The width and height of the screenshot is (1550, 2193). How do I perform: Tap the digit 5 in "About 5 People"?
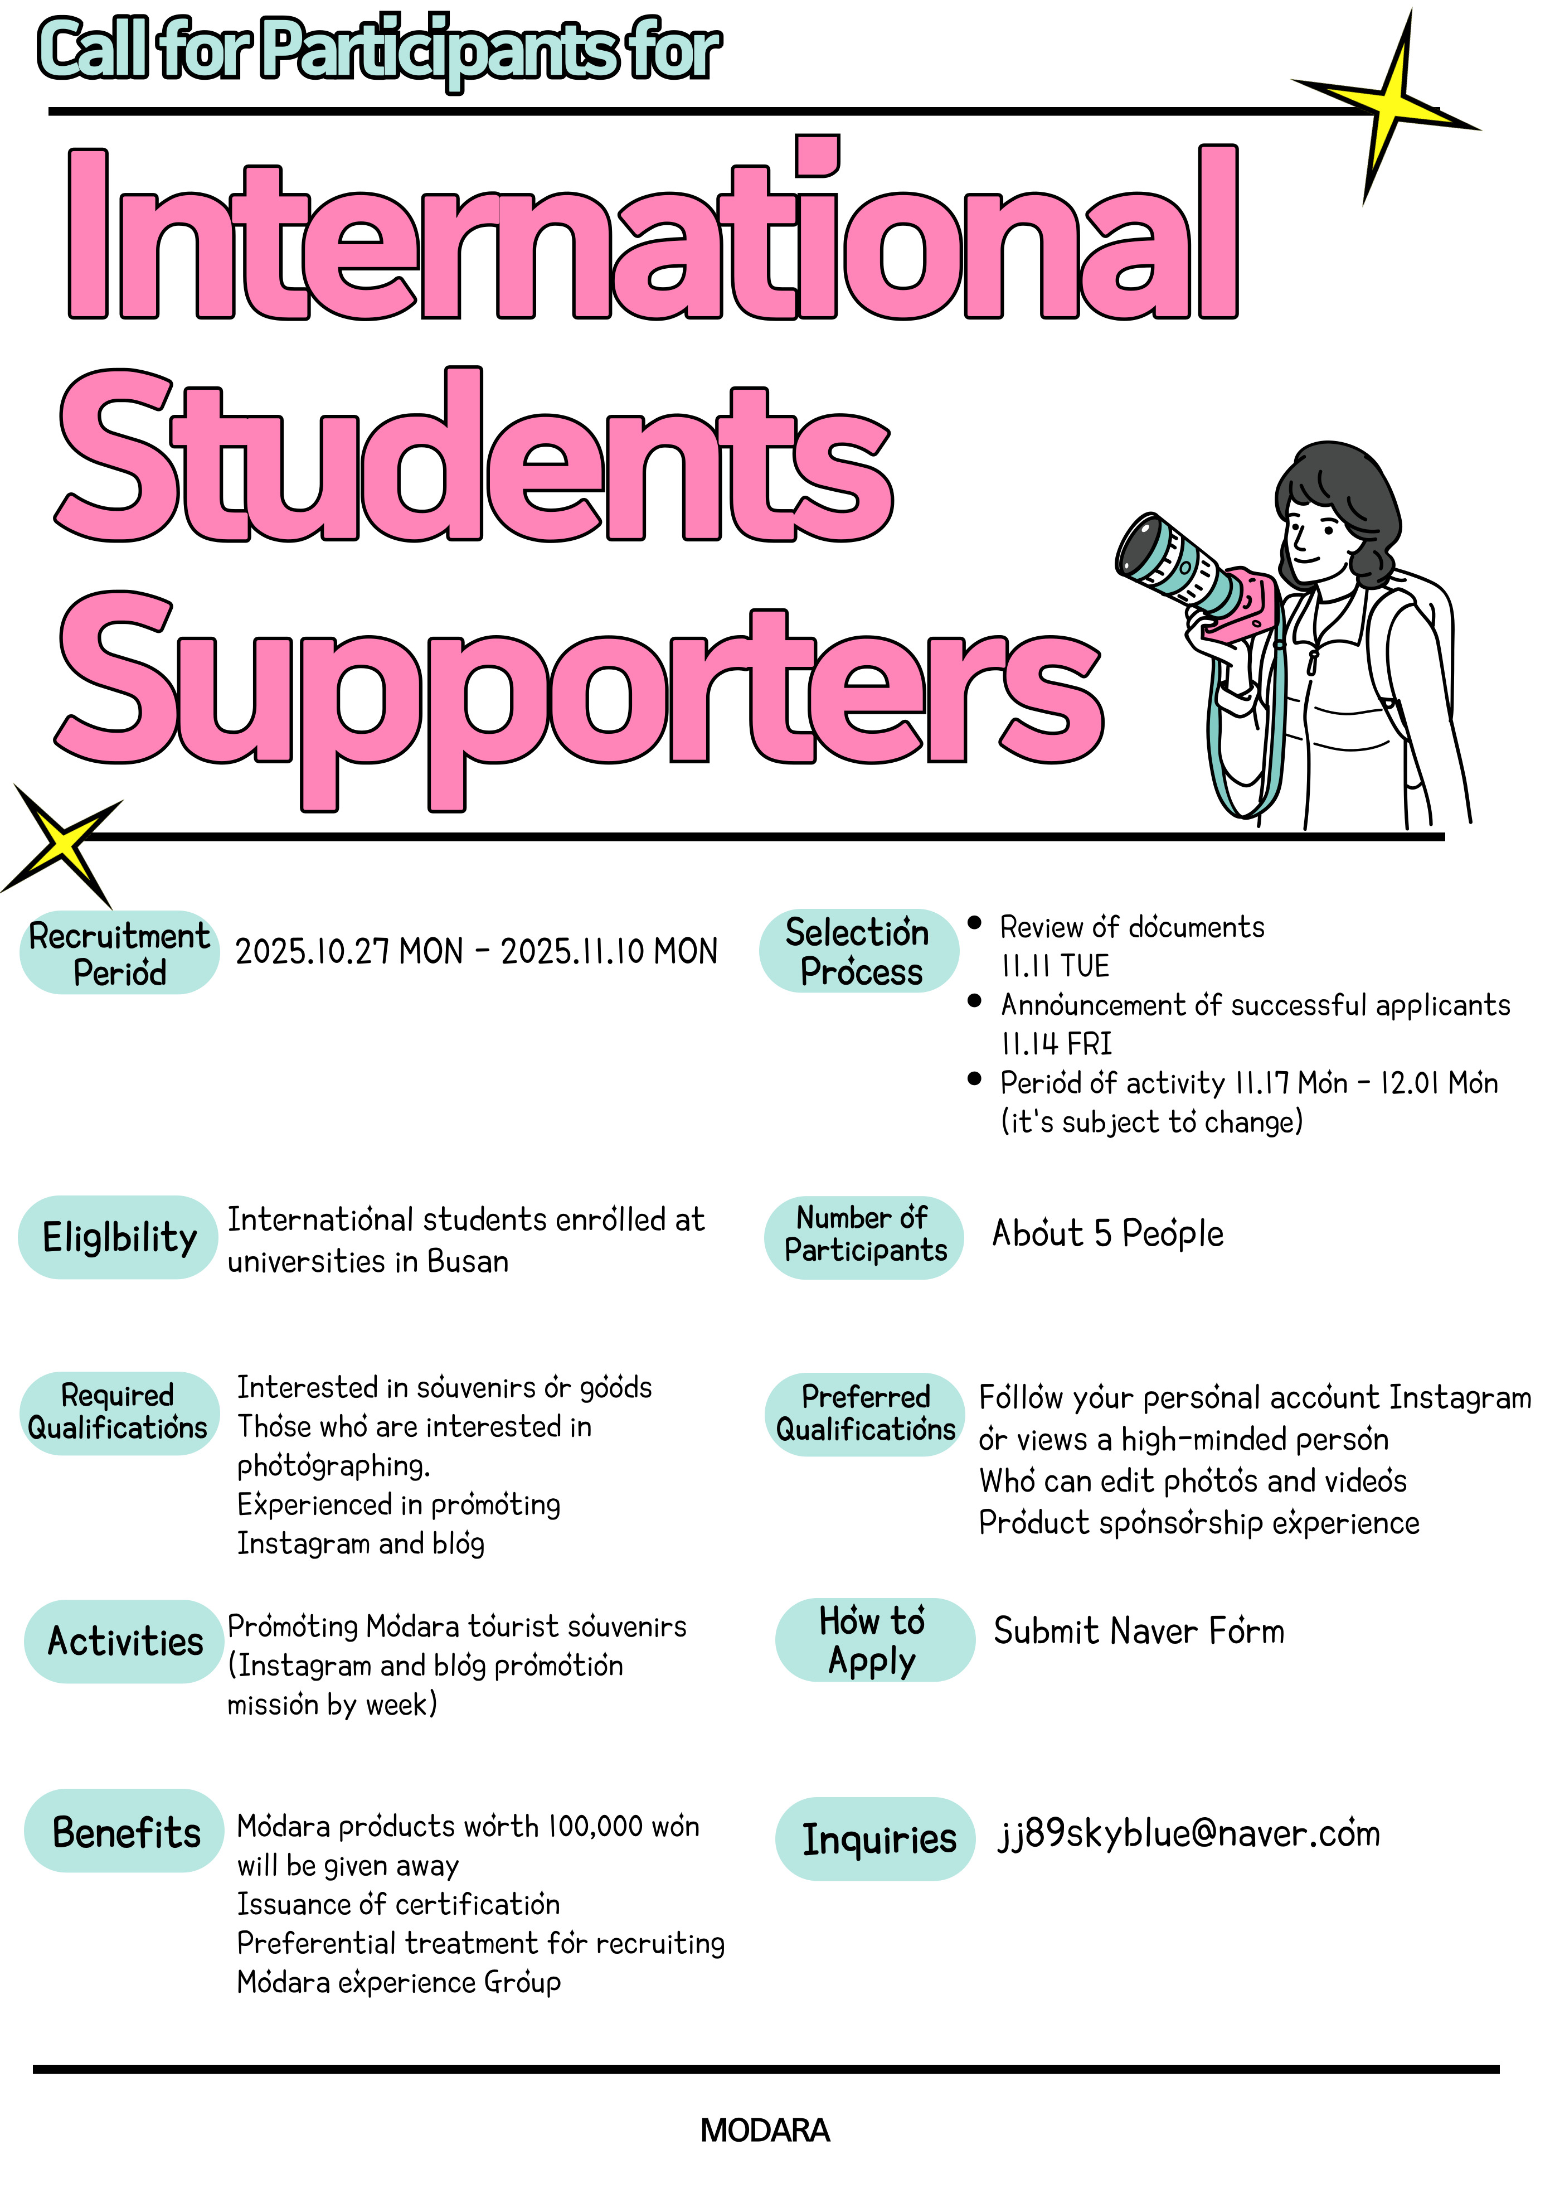tap(1103, 1234)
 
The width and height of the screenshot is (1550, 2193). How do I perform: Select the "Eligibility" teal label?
tap(118, 1237)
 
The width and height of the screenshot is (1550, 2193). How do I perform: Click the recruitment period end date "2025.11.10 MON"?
tap(609, 951)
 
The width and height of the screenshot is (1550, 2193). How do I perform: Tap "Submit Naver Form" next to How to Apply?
tap(1139, 1632)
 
